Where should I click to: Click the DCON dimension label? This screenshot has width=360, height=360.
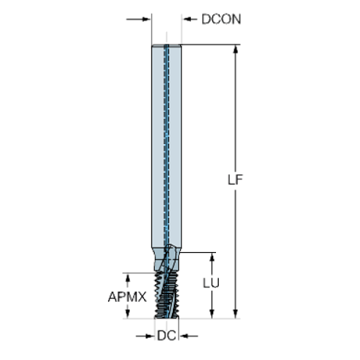(221, 19)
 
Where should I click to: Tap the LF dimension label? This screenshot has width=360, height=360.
(235, 180)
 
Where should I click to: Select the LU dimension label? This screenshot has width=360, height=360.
(211, 283)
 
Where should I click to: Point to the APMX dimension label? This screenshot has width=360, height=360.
(127, 297)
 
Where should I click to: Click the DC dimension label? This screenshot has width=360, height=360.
(167, 336)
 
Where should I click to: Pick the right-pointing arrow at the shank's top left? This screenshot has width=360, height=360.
(138, 19)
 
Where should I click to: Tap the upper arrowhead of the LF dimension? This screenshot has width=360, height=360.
(236, 49)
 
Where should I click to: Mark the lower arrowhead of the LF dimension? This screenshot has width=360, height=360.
(236, 314)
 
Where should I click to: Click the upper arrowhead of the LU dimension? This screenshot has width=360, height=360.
(212, 257)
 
